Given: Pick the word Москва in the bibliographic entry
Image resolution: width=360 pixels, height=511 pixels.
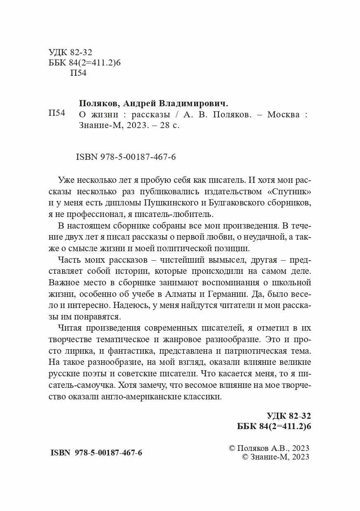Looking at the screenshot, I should pos(283,115).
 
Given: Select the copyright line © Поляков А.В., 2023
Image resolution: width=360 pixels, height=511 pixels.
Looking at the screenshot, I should pos(268,448).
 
